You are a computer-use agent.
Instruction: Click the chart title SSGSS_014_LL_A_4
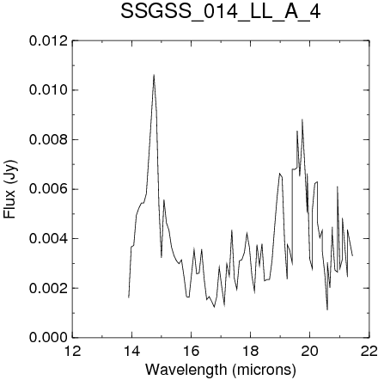(x=220, y=12)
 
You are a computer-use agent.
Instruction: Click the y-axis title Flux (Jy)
(x=10, y=189)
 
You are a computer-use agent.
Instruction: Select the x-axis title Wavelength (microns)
(x=221, y=370)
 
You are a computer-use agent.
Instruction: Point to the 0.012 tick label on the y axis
(x=49, y=41)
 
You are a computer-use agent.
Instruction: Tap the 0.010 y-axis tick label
(x=49, y=90)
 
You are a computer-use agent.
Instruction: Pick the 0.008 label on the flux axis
(x=49, y=140)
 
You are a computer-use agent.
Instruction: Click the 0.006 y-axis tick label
(x=49, y=189)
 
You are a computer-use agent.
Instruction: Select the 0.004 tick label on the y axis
(x=49, y=239)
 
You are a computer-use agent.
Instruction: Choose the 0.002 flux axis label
(x=49, y=288)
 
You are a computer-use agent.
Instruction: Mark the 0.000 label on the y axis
(x=49, y=338)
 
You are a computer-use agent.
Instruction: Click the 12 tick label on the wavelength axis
(x=73, y=351)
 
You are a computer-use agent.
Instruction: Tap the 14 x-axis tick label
(x=132, y=351)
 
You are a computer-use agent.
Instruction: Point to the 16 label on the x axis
(x=192, y=351)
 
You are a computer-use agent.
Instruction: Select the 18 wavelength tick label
(x=251, y=351)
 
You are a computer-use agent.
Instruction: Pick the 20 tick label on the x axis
(x=310, y=351)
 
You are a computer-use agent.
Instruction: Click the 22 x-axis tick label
(x=369, y=351)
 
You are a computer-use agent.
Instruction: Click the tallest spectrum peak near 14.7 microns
(x=154, y=75)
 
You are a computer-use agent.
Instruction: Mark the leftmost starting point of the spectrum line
(x=129, y=297)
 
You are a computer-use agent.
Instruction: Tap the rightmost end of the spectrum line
(x=352, y=255)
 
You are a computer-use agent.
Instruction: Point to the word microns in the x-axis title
(x=264, y=370)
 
